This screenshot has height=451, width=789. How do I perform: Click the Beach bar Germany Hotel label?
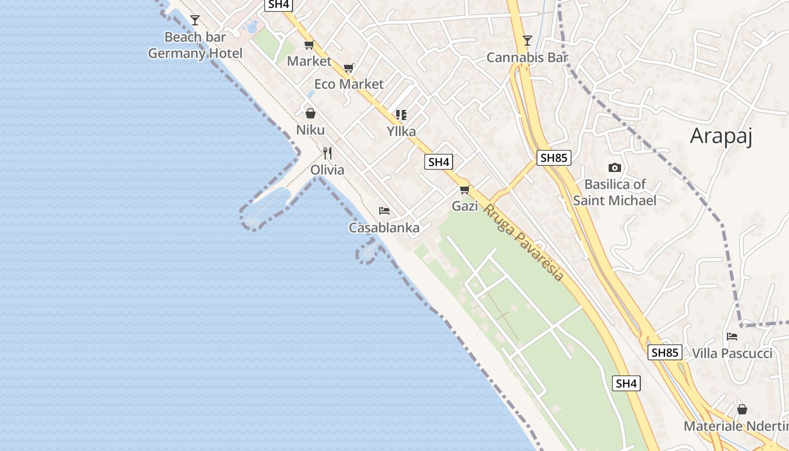pos(195,45)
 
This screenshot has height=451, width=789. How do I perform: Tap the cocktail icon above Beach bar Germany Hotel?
pos(195,20)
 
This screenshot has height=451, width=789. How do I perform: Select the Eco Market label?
pos(348,84)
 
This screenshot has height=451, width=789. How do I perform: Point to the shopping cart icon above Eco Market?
pos(348,68)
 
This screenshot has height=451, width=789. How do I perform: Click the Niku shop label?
pos(311,130)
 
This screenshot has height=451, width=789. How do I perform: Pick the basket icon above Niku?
pos(311,113)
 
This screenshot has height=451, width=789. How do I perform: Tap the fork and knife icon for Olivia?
pos(327,153)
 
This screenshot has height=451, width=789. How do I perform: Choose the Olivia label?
pos(327,170)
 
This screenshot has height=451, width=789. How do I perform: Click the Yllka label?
pos(401,131)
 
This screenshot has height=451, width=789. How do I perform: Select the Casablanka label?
pos(384,228)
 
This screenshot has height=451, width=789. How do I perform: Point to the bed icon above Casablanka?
pos(384,211)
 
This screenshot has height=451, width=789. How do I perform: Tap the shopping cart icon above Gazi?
pos(465,189)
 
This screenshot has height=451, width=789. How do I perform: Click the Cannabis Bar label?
pos(527,58)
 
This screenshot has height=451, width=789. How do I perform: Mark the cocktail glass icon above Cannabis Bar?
pos(527,41)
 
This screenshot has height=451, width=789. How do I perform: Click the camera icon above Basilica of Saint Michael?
pos(615,167)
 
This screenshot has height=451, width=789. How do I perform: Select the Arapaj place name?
pos(721,136)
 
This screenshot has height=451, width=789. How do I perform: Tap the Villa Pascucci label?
pos(732,353)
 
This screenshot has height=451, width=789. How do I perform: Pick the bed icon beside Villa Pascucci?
pos(732,337)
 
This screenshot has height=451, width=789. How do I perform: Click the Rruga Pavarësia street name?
pos(524,242)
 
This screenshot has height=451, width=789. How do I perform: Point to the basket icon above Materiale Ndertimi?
pos(742,409)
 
